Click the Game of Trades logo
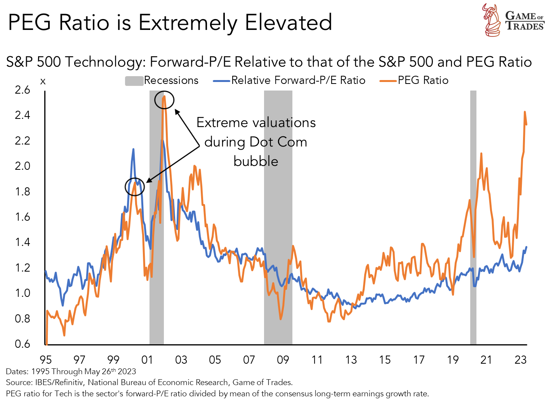point(514,20)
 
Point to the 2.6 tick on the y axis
point(23,90)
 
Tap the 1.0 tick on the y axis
point(23,293)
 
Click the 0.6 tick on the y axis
point(23,344)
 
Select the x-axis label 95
point(46,360)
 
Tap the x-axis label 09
point(283,360)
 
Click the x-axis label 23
point(520,360)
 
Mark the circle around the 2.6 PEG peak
point(164,100)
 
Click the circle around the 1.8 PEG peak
point(135,187)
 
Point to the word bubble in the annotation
point(256,161)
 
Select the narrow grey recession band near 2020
point(473,218)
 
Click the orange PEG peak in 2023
point(525,112)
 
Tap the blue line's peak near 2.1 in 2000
point(133,149)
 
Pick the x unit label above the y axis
point(43,82)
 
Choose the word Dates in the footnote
point(17,371)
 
